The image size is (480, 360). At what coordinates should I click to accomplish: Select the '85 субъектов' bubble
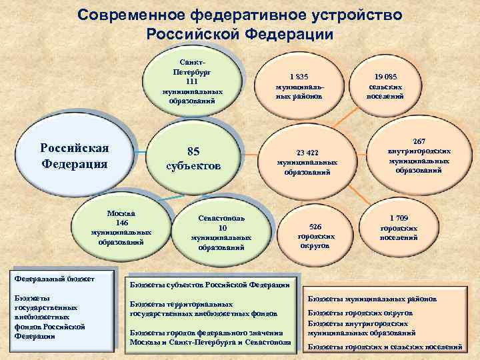click(193, 157)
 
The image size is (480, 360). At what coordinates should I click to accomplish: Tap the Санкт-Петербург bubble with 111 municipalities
click(193, 81)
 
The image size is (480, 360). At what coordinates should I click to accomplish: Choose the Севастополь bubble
click(221, 233)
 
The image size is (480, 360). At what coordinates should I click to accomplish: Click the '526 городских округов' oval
click(315, 236)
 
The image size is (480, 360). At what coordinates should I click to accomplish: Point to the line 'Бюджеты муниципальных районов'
click(372, 299)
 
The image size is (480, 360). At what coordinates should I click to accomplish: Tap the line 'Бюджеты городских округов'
click(360, 313)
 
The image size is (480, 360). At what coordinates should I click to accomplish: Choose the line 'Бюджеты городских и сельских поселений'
click(384, 347)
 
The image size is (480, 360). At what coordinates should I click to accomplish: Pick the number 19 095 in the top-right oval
click(385, 77)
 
